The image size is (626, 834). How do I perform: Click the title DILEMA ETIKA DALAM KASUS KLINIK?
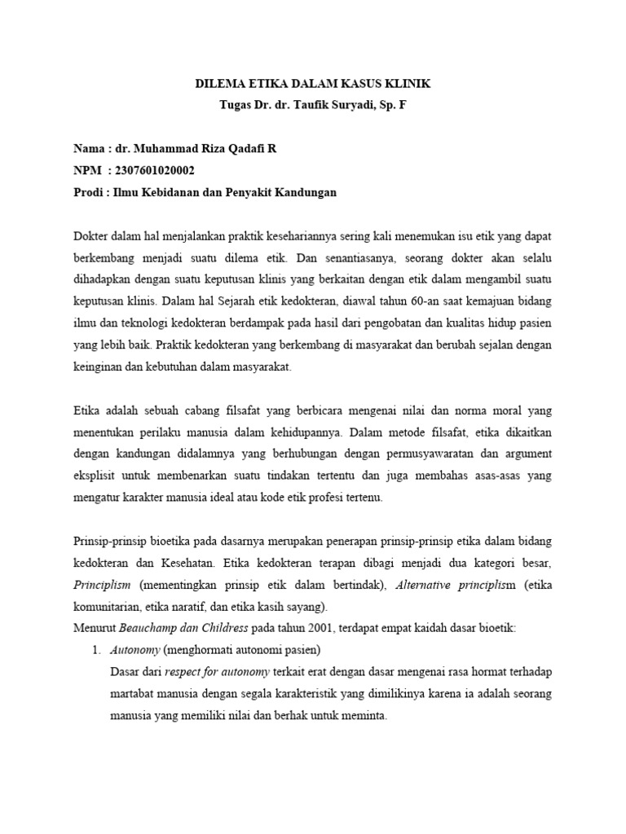[x=314, y=84]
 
